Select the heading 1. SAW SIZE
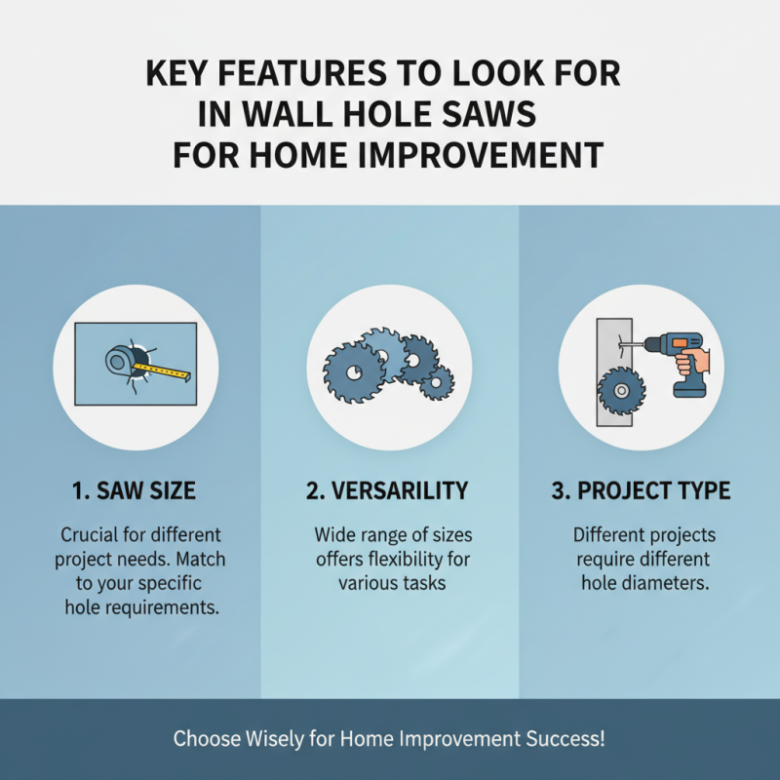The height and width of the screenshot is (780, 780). point(134,491)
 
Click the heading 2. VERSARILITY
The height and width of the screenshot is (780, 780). point(387,491)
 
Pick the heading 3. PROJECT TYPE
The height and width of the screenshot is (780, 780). point(641,491)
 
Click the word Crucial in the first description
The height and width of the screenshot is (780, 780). point(93,536)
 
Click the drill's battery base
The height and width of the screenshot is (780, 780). point(689,387)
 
